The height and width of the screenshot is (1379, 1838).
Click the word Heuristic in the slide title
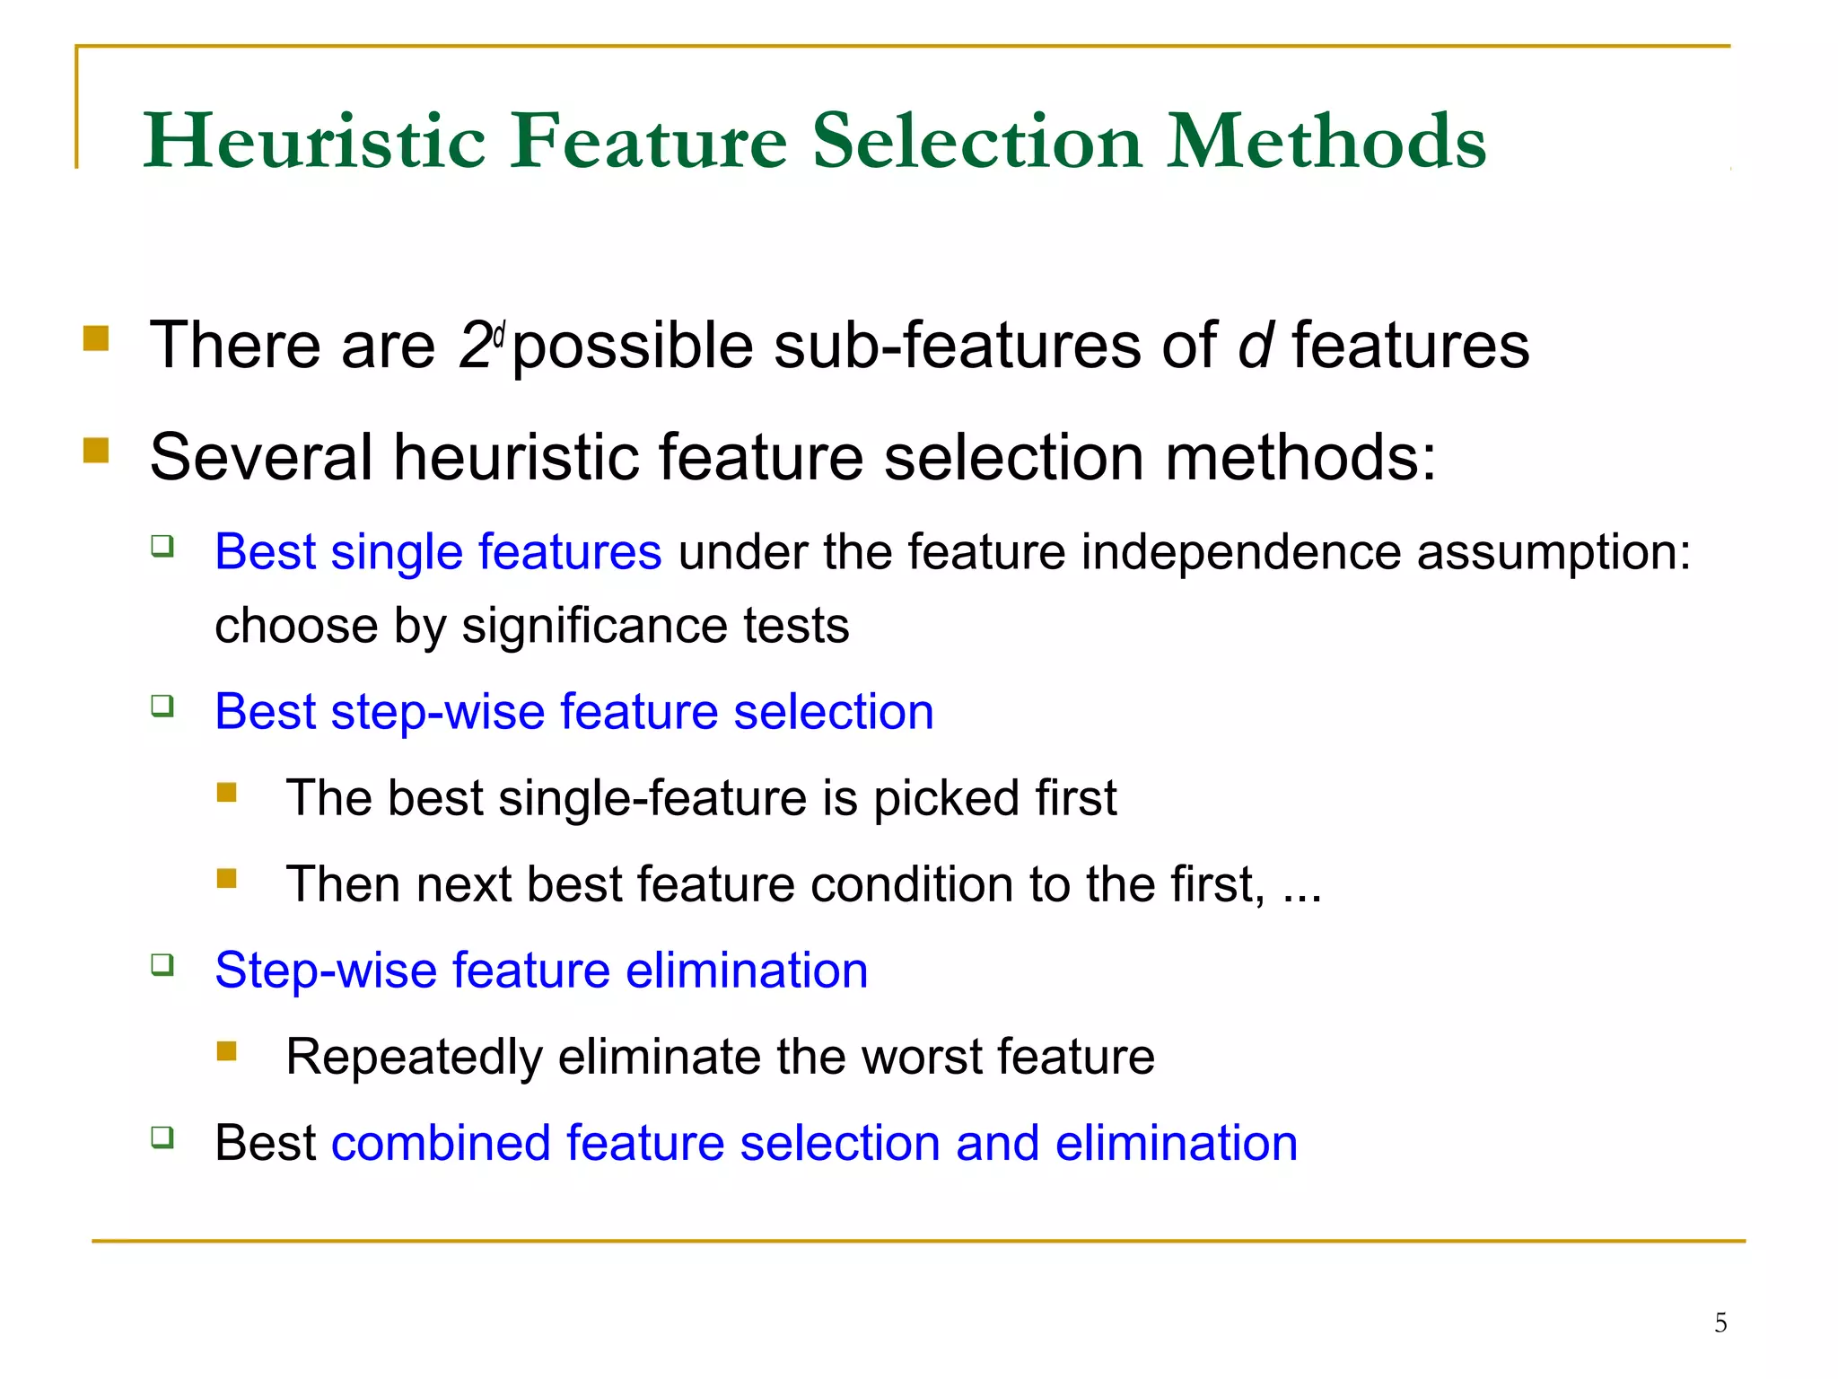point(314,141)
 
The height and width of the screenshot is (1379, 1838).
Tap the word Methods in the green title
point(1326,141)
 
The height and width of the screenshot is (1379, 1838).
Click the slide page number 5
point(1720,1322)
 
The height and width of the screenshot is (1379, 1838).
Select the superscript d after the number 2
point(500,333)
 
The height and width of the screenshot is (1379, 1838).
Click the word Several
point(261,457)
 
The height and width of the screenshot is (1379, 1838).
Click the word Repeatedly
point(414,1057)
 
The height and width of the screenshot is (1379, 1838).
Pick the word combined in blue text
point(440,1143)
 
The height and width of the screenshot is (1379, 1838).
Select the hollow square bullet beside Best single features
point(162,545)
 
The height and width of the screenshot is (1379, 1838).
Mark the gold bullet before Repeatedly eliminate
point(227,1050)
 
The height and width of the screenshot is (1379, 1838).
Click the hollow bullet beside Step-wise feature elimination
point(162,965)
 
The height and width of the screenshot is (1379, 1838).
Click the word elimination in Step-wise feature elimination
point(747,971)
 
